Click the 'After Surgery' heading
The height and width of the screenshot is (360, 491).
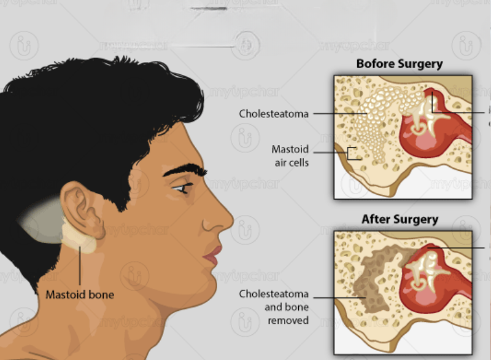(400, 219)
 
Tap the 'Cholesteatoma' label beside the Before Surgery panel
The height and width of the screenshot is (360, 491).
(274, 114)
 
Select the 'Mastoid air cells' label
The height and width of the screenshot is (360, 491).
(290, 156)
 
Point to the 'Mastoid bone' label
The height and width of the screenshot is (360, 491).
(80, 295)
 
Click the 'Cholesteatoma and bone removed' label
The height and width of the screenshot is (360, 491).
(274, 307)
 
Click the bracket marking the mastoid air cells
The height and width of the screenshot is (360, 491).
(351, 154)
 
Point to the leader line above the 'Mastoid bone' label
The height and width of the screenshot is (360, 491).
(80, 267)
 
